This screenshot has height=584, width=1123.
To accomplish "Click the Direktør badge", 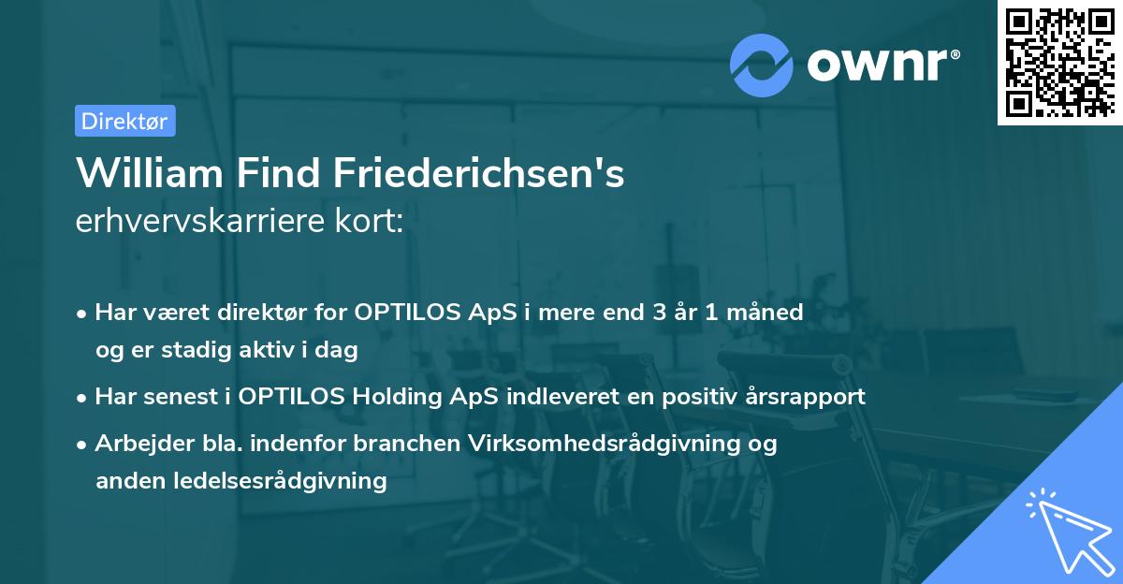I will click(124, 121).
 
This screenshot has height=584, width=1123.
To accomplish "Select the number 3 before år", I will click(661, 313).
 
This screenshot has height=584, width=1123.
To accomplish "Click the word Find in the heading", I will click(284, 173).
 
